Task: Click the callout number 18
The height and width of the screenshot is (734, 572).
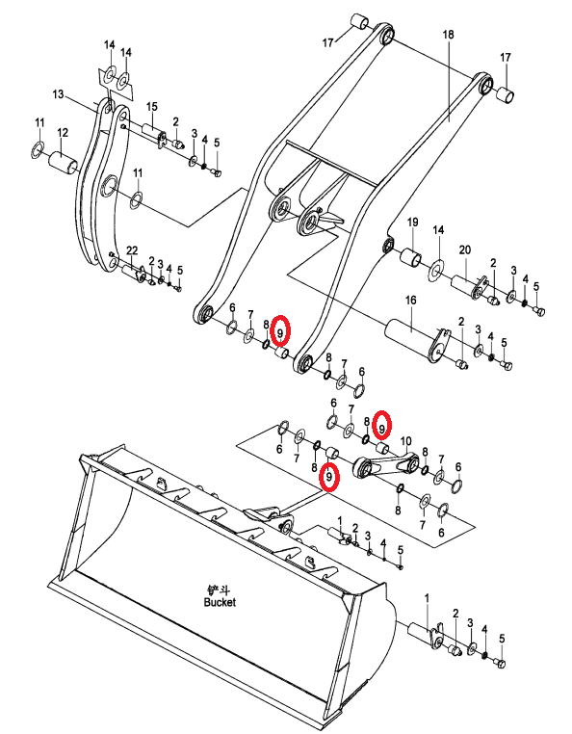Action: pyautogui.click(x=448, y=34)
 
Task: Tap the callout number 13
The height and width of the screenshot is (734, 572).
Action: pyautogui.click(x=58, y=94)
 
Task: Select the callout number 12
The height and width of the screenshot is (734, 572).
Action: pyautogui.click(x=63, y=133)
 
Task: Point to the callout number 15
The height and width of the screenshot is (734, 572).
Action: pyautogui.click(x=151, y=107)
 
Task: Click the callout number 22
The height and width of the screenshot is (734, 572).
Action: pyautogui.click(x=132, y=250)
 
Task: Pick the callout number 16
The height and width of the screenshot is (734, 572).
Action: pyautogui.click(x=410, y=300)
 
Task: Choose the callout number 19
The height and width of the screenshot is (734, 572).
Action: pyautogui.click(x=412, y=222)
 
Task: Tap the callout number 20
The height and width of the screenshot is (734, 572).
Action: pyautogui.click(x=465, y=250)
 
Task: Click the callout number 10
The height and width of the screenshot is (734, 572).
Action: pyautogui.click(x=405, y=441)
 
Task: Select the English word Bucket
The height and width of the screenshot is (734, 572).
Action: pyautogui.click(x=220, y=602)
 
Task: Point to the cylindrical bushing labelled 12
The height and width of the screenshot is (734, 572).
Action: pyautogui.click(x=64, y=164)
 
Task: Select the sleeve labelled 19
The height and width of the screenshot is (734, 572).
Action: pyautogui.click(x=411, y=257)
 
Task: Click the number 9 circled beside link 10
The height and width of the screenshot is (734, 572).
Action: pyautogui.click(x=382, y=428)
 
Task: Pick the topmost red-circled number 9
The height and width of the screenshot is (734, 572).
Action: pyautogui.click(x=280, y=332)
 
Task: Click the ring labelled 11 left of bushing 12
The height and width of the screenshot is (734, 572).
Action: pyautogui.click(x=38, y=150)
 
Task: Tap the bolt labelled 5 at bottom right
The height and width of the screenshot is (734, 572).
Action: pyautogui.click(x=499, y=663)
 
